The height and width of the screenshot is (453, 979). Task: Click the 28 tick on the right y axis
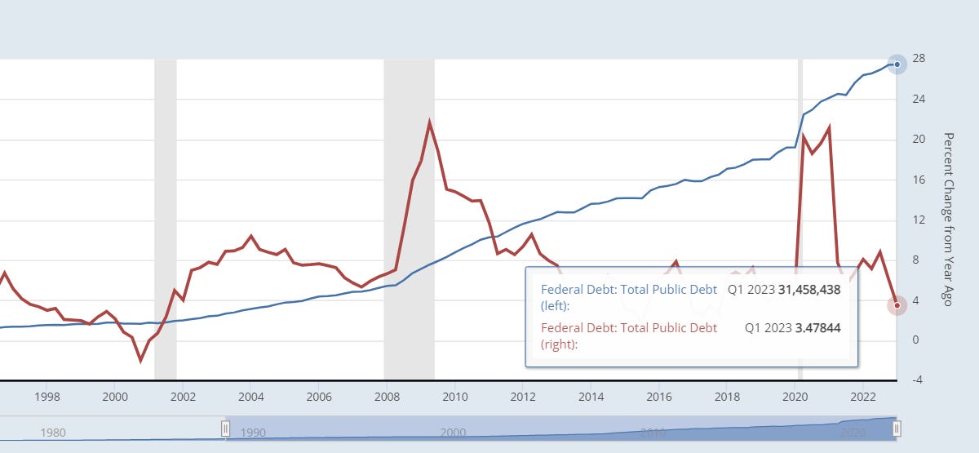pyautogui.click(x=919, y=60)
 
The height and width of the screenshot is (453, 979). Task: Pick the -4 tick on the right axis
pyautogui.click(x=919, y=380)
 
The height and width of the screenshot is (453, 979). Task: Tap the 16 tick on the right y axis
pyautogui.click(x=919, y=180)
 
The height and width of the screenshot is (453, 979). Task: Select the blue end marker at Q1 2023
pyautogui.click(x=897, y=64)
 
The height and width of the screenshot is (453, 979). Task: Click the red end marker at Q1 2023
pyautogui.click(x=897, y=305)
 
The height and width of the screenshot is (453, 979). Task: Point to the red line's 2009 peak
pyautogui.click(x=429, y=122)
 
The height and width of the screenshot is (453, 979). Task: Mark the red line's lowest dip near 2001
pyautogui.click(x=140, y=360)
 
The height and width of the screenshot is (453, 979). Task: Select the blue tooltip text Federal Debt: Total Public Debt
pyautogui.click(x=628, y=289)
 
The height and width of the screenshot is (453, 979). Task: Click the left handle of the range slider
pyautogui.click(x=226, y=429)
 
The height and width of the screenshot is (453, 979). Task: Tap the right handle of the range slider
pyautogui.click(x=896, y=429)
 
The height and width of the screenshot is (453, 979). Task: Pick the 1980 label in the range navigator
pyautogui.click(x=53, y=433)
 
